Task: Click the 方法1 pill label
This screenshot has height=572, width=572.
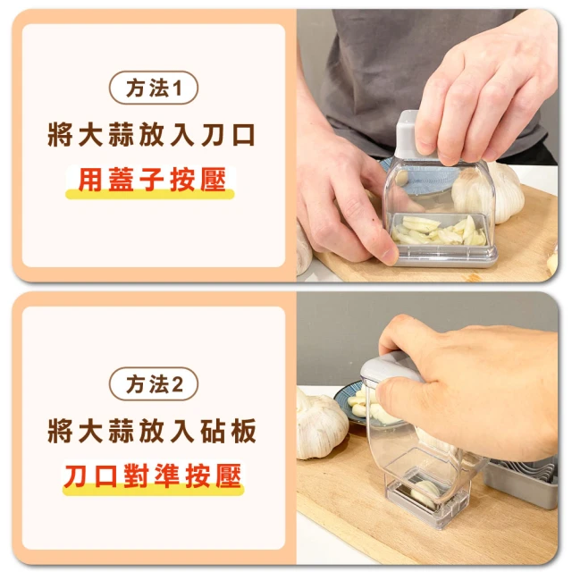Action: click(x=153, y=88)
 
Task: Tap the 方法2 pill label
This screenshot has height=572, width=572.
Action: click(x=153, y=384)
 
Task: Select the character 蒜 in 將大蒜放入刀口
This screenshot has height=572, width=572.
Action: click(x=121, y=135)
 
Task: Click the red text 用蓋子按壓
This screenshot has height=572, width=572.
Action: click(x=152, y=180)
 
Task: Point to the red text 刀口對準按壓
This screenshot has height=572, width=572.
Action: click(x=153, y=475)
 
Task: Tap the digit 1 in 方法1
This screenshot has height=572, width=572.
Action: click(x=177, y=88)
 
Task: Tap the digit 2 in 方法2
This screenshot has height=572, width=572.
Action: click(x=177, y=384)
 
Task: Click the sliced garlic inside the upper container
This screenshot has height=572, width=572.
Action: click(x=439, y=231)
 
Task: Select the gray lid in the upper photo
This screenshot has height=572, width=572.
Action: click(x=412, y=137)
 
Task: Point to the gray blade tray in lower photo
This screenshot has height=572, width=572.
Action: click(x=521, y=484)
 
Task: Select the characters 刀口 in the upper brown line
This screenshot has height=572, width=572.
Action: click(x=229, y=135)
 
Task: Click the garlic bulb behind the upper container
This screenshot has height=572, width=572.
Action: click(x=489, y=191)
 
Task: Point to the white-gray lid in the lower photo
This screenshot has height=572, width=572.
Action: click(x=387, y=368)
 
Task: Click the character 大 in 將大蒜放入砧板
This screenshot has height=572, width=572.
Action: click(x=90, y=431)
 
